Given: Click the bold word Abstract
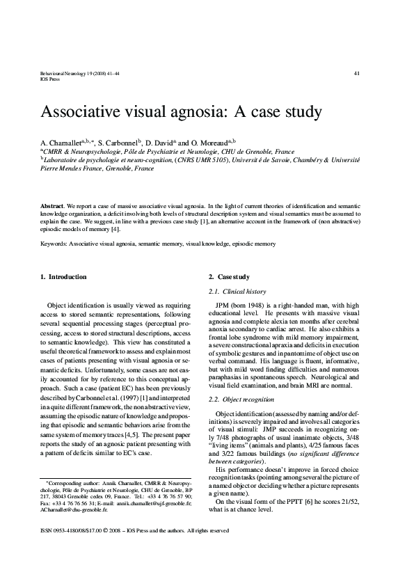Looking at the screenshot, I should pyautogui.click(x=53, y=207).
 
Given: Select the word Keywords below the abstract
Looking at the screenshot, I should pyautogui.click(x=56, y=244).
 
